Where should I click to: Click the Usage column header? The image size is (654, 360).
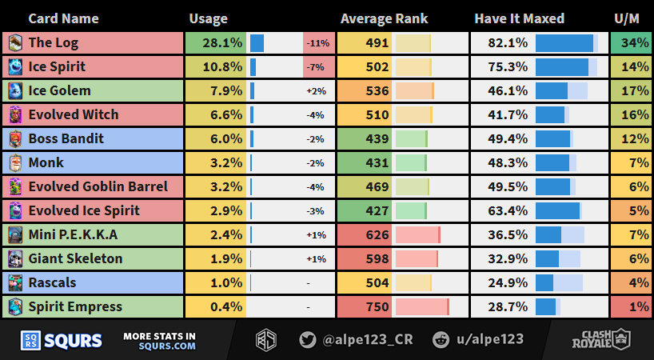[x=208, y=18]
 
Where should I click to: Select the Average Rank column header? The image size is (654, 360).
[x=384, y=18]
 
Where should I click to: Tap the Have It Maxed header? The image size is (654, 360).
[x=519, y=18]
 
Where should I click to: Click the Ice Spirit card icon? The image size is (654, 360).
[x=15, y=67]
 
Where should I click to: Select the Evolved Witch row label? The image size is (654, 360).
[x=73, y=115]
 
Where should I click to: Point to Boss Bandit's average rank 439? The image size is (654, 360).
[x=376, y=139]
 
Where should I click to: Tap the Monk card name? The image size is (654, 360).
[x=46, y=163]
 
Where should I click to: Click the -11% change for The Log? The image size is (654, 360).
[x=317, y=43]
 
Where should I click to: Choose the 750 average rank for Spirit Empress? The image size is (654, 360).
[x=376, y=307]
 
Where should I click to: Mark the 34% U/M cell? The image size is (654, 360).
[x=631, y=43]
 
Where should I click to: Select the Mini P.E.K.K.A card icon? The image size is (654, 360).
[x=15, y=235]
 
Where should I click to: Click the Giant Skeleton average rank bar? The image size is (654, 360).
[x=417, y=259]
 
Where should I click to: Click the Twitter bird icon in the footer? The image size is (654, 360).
[x=307, y=339]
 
